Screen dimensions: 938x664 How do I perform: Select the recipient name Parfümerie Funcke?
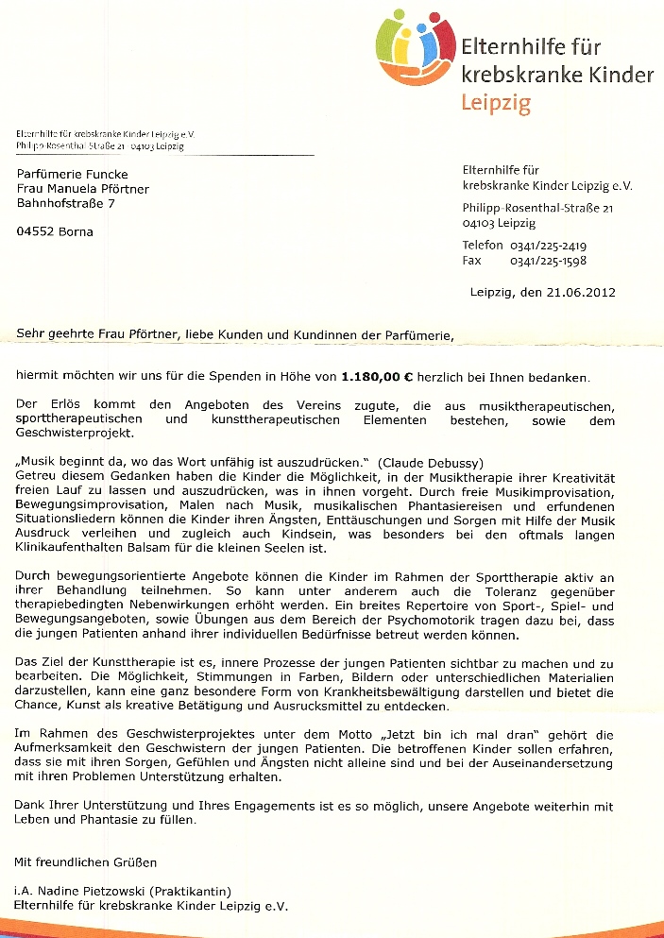72,174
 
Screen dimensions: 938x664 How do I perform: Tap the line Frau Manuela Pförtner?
83,189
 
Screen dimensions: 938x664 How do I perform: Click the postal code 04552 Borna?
56,231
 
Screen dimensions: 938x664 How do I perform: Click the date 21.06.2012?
580,292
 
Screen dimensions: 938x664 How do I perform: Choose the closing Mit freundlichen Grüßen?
86,861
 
